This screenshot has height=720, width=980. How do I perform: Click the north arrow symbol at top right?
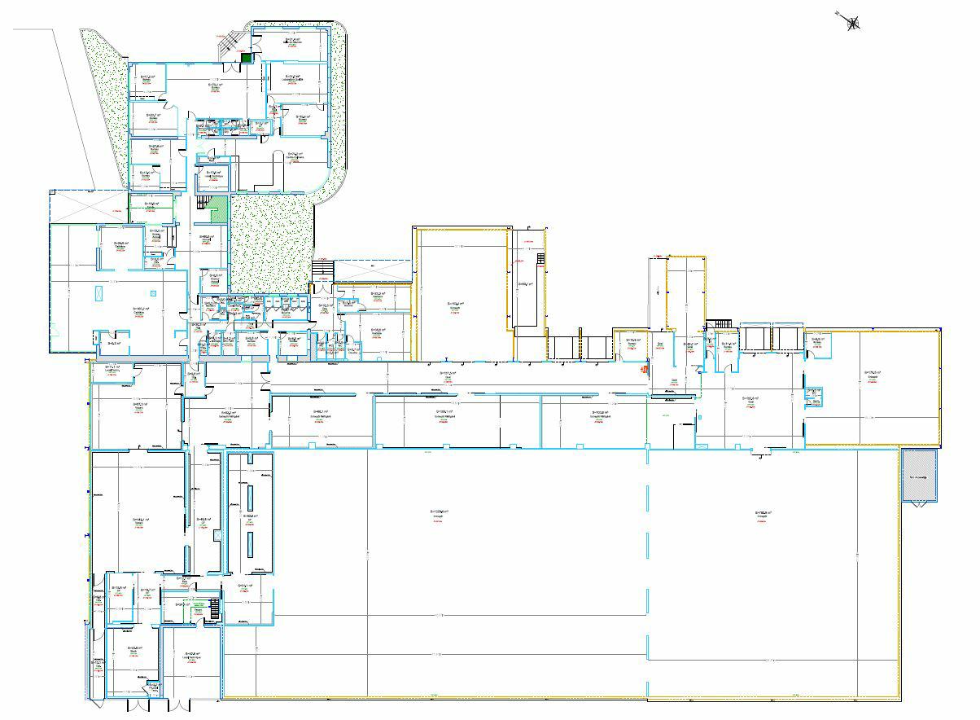(x=852, y=23)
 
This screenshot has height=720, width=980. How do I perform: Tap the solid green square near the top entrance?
(x=247, y=57)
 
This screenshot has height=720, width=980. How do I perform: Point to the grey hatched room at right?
(x=919, y=476)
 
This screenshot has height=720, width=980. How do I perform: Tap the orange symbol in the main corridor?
(x=644, y=369)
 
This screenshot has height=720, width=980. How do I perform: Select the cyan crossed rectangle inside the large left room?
(x=98, y=293)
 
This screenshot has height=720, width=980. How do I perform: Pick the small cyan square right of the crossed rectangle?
(x=152, y=292)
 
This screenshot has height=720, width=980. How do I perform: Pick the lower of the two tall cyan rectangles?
(x=250, y=544)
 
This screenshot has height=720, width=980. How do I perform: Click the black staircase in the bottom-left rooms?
(x=215, y=608)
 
